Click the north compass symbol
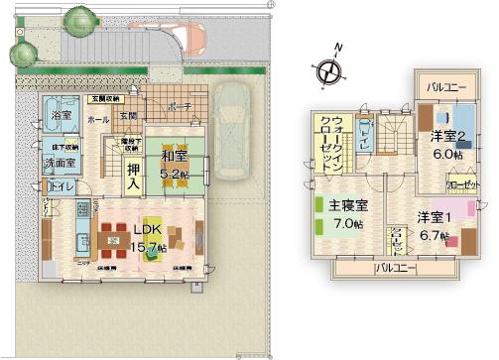[328, 68]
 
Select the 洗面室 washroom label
[59, 164]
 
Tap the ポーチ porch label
[180, 107]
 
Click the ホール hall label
[98, 119]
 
